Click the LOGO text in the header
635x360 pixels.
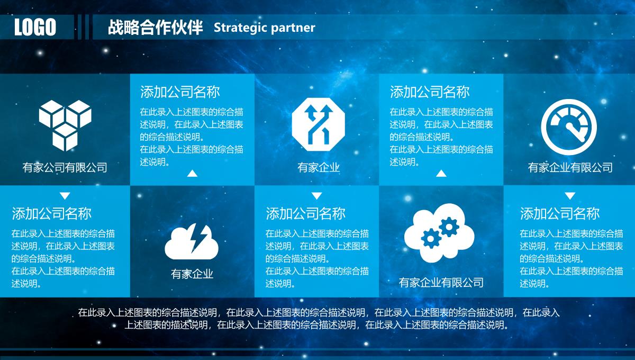[x=35, y=27]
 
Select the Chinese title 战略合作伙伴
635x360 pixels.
[x=156, y=27]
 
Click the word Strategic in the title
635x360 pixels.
[x=240, y=28]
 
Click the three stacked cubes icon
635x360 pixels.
[x=65, y=125]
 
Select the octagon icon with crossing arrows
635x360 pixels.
[x=319, y=124]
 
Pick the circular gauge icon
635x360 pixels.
[x=569, y=127]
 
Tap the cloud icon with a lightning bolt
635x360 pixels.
[x=192, y=241]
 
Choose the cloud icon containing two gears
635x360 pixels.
[x=439, y=232]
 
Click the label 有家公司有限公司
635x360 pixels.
[x=65, y=167]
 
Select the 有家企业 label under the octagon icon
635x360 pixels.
[x=319, y=167]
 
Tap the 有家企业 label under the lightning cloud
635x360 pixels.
[x=192, y=274]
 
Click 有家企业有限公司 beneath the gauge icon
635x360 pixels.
[x=570, y=167]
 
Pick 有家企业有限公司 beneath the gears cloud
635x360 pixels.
[x=441, y=282]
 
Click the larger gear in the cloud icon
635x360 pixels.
[x=449, y=227]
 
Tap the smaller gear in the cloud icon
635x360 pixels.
[x=431, y=238]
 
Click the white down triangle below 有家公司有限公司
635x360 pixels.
[x=65, y=196]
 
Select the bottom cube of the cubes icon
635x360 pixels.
[x=65, y=137]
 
